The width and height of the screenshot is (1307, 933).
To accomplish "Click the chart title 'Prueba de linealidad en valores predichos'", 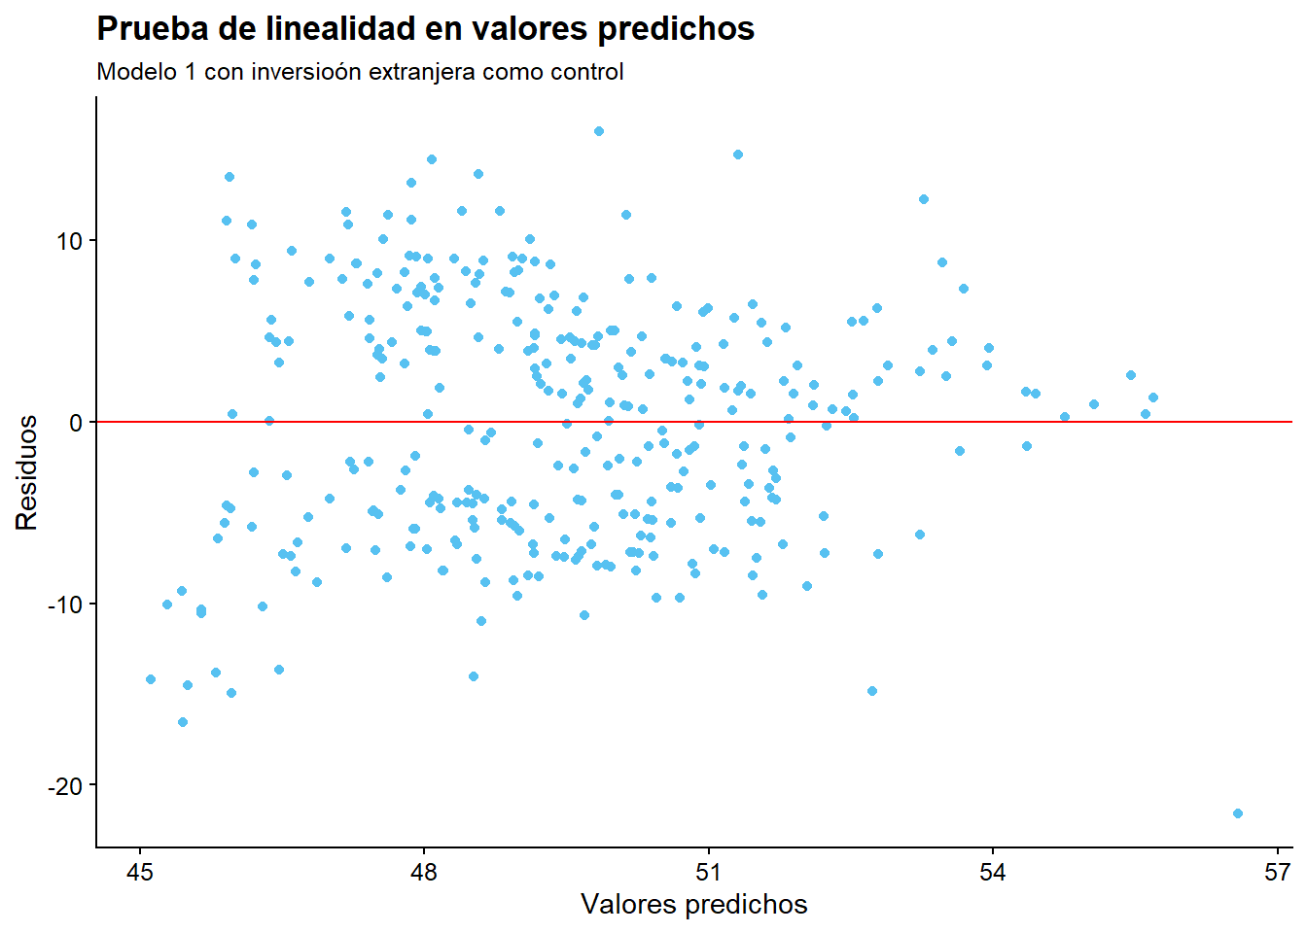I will click(x=425, y=29).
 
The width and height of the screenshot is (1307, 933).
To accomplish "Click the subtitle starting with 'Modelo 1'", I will click(x=360, y=72).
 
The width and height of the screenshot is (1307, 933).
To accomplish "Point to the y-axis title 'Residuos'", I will click(x=27, y=472).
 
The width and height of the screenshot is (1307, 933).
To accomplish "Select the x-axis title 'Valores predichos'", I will click(x=693, y=905).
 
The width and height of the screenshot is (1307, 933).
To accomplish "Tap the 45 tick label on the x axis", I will click(x=139, y=873).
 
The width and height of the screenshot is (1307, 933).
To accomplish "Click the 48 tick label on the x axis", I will click(x=424, y=873).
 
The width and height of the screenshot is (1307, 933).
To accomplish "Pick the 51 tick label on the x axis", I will click(x=708, y=873).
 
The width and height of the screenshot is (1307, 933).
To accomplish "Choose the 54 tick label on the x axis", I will click(x=993, y=873).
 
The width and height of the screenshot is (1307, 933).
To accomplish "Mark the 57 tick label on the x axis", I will click(x=1277, y=873).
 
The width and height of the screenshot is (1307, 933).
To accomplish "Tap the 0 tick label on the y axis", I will click(x=77, y=423).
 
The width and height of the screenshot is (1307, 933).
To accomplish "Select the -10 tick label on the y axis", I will click(x=66, y=605).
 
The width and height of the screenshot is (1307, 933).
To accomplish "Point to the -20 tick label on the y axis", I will click(x=66, y=786).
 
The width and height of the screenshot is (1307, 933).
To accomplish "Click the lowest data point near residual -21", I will click(x=1237, y=813).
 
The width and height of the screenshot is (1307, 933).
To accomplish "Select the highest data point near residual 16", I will click(x=598, y=131).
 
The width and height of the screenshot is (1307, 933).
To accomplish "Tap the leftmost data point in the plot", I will click(x=150, y=679).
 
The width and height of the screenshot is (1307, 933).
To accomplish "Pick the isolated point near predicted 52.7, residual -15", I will click(x=871, y=691).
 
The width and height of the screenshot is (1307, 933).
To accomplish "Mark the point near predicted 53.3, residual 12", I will click(x=923, y=199).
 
